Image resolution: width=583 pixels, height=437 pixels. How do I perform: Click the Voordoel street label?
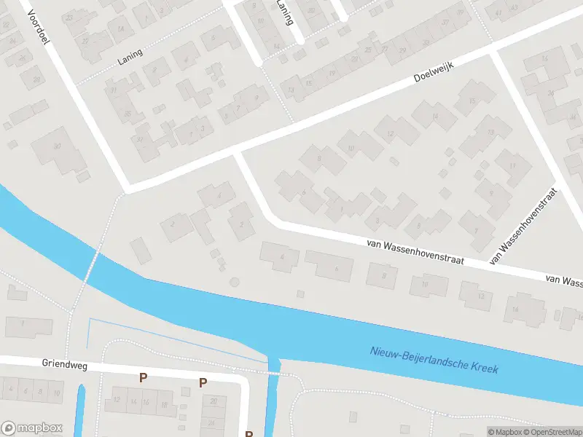36,27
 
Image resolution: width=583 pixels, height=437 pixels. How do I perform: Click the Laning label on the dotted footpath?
129,58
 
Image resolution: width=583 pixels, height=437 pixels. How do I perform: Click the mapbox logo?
32,428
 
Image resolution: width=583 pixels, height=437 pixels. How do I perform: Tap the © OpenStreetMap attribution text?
551,431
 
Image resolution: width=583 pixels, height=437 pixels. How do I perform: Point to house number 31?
114,90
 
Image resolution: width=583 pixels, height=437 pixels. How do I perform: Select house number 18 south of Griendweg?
164,403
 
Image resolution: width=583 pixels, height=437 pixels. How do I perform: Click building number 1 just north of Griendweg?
26,325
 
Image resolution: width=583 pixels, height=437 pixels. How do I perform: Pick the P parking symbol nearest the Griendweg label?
144,378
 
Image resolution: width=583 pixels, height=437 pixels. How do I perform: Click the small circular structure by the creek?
234,281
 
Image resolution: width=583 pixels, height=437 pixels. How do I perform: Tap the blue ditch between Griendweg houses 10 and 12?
80,408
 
